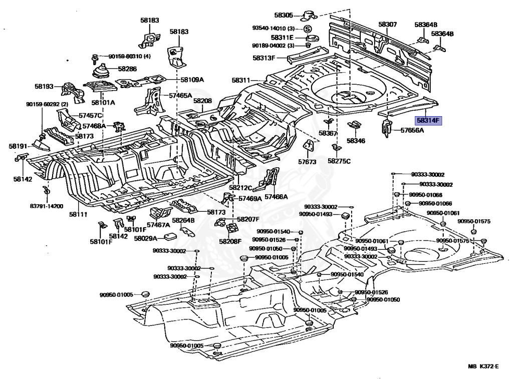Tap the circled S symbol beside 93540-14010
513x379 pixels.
tap(308, 28)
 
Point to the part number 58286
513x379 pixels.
tap(127, 69)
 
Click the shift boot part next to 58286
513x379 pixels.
tap(103, 71)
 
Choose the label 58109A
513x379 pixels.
tap(192, 80)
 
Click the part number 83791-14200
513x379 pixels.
tap(46, 206)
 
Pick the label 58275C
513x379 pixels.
tap(339, 161)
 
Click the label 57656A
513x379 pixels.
tap(412, 131)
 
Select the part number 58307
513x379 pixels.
tap(387, 24)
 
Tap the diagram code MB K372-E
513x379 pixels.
tap(483, 367)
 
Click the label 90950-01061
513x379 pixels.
tap(443, 213)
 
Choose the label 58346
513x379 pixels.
tap(356, 141)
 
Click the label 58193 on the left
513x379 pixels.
tap(44, 87)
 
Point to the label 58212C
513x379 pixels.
tap(240, 188)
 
